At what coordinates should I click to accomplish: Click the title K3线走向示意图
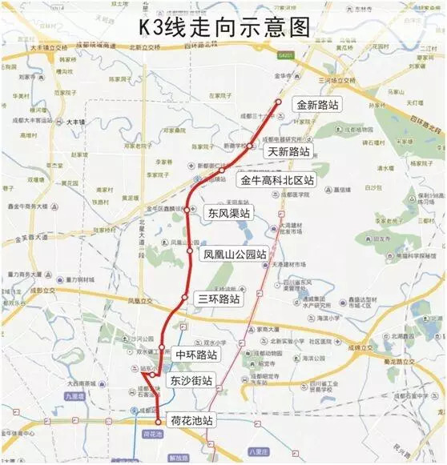coord(224,27)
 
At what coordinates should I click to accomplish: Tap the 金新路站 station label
coord(317,104)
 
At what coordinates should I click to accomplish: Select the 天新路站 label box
coord(288,150)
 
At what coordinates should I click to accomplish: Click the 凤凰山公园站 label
coord(234,255)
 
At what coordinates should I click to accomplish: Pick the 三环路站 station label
coord(218,299)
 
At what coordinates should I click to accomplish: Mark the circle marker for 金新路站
coord(279,102)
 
